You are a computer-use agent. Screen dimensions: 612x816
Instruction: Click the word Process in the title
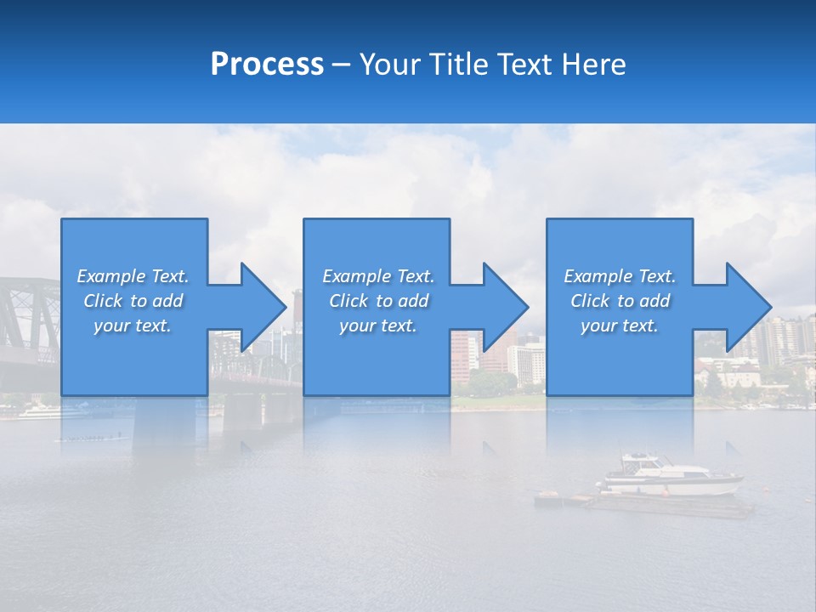coord(267,65)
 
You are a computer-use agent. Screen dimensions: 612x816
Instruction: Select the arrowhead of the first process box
coord(263,307)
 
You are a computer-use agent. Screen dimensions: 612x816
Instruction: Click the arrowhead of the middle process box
coord(506,307)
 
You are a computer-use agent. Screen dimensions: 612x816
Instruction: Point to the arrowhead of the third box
coord(748,307)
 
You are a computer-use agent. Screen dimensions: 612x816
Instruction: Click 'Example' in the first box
coord(110,276)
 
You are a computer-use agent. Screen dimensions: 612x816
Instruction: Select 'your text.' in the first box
coord(133,326)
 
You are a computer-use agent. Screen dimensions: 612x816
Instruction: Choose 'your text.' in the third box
coord(620,326)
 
